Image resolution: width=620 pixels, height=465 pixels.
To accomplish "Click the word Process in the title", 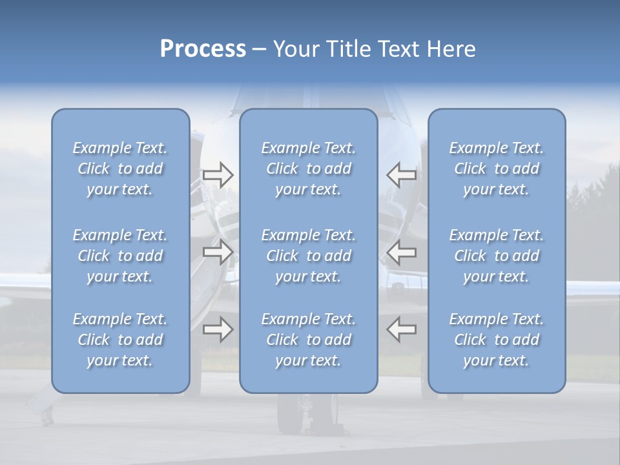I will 203,49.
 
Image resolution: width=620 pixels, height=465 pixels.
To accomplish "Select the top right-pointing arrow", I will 218,175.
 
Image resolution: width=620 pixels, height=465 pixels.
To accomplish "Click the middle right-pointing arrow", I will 218,252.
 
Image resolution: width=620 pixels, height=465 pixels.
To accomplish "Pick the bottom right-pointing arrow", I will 218,329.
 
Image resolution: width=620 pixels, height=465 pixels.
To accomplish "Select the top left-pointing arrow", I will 402,175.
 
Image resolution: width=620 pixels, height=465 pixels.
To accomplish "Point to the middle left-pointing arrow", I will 402,252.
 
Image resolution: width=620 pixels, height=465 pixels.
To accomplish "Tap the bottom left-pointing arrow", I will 402,329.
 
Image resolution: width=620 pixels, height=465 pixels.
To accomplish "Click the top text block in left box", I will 120,169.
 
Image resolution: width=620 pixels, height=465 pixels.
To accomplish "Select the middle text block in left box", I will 120,256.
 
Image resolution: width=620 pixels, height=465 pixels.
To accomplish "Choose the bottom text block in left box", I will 120,340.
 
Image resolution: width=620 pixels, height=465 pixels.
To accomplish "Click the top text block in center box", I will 308,169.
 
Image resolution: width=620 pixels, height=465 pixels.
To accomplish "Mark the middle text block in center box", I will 308,256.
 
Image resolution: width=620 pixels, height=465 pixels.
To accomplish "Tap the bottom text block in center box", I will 308,340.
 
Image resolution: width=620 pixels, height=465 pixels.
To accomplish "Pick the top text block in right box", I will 496,169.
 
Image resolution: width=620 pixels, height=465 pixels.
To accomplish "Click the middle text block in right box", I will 496,256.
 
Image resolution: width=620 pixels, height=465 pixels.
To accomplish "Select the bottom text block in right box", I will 496,340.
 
